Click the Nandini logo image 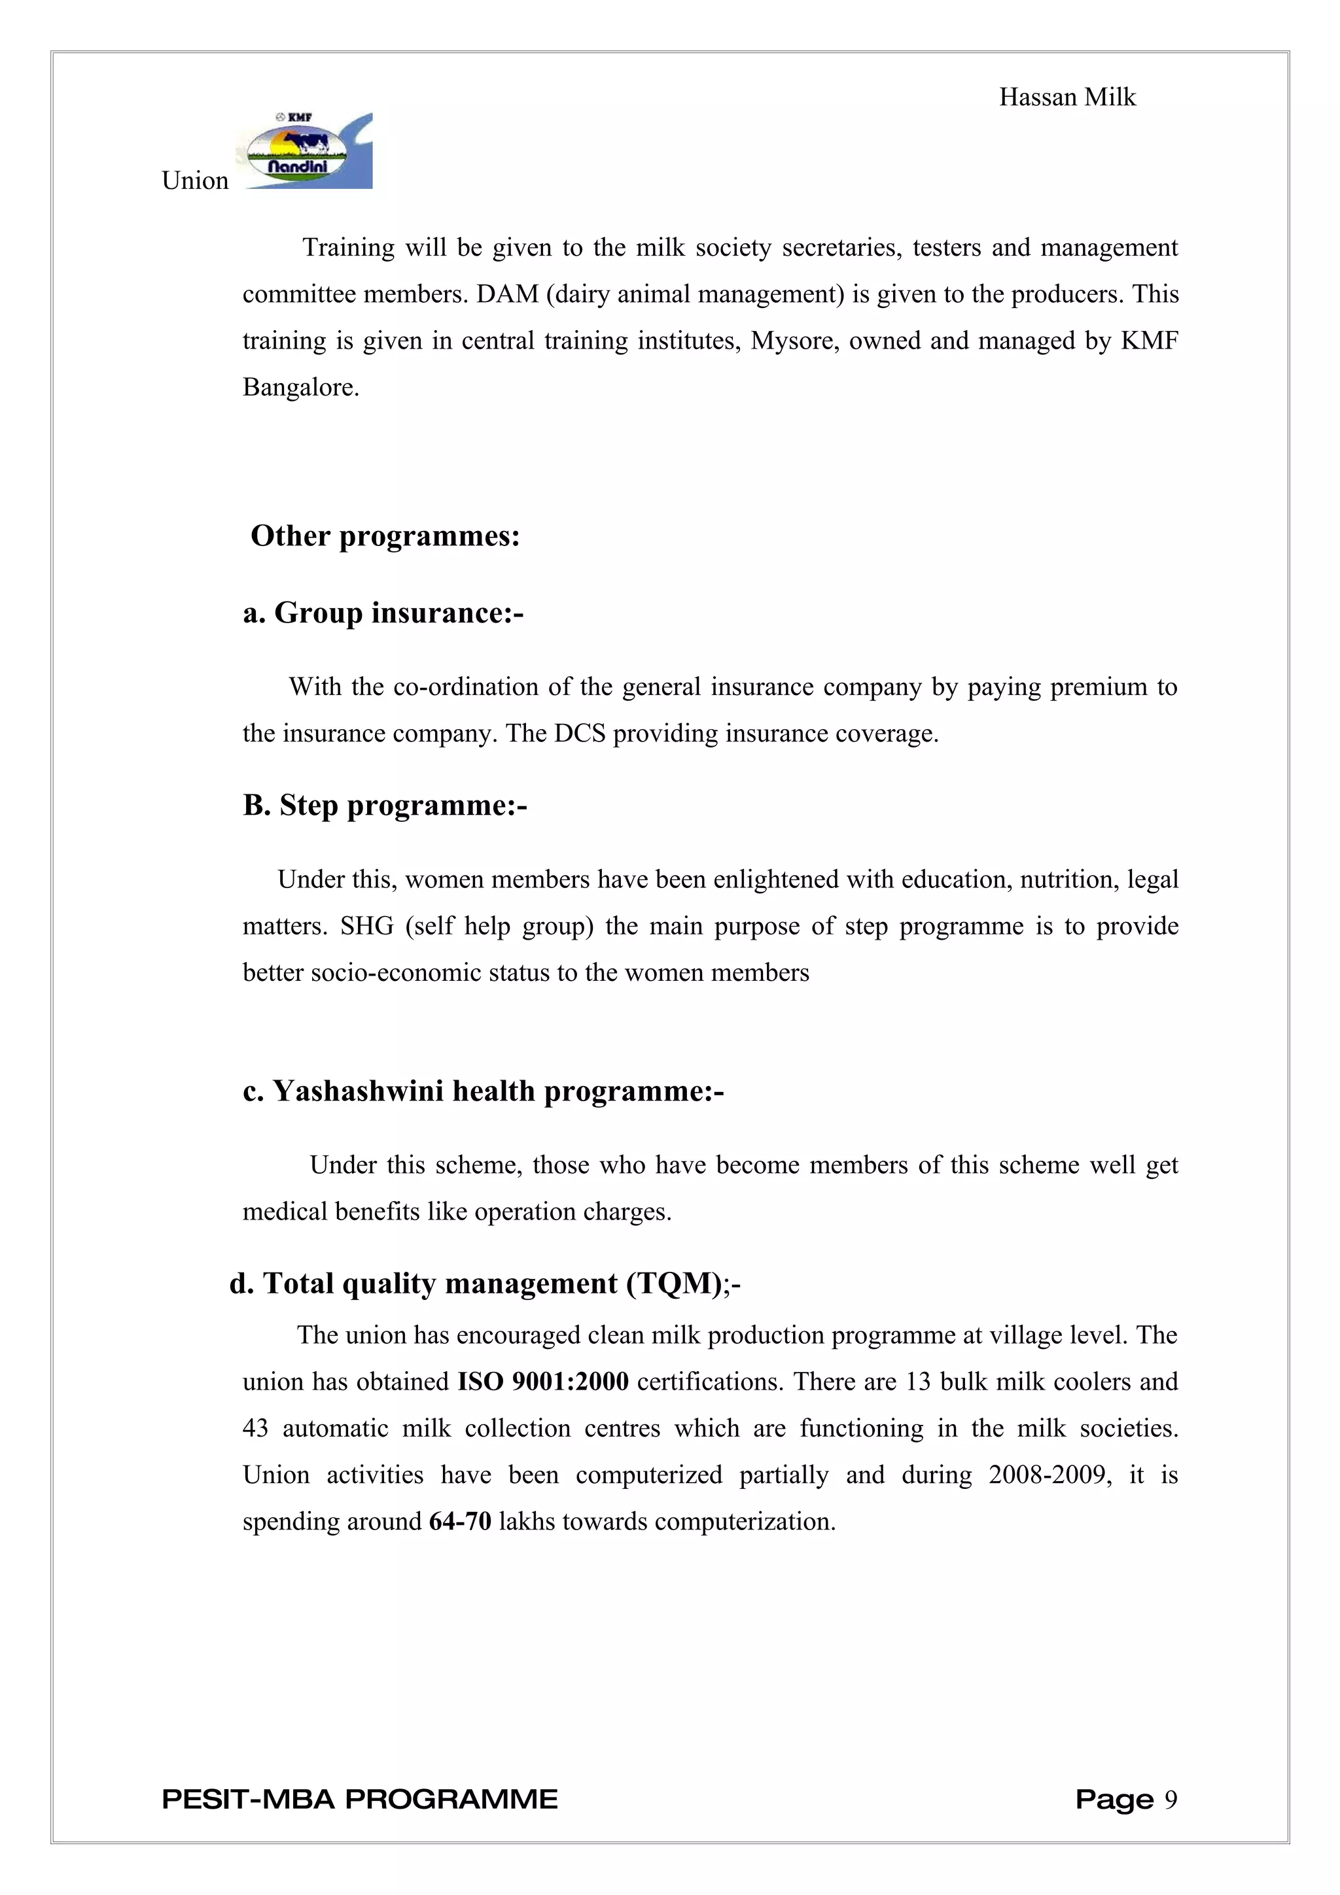[x=304, y=151]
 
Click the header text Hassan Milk [x=1067, y=97]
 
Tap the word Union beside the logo [x=195, y=180]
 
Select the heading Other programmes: [x=385, y=536]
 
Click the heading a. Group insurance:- [x=383, y=613]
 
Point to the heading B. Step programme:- [x=385, y=805]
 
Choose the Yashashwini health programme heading [x=483, y=1091]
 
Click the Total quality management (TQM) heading [x=485, y=1284]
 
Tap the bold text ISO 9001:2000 [x=543, y=1382]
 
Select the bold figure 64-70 [x=460, y=1521]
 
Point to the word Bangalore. [x=300, y=387]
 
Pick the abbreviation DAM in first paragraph [x=507, y=295]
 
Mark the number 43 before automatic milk [x=255, y=1429]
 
